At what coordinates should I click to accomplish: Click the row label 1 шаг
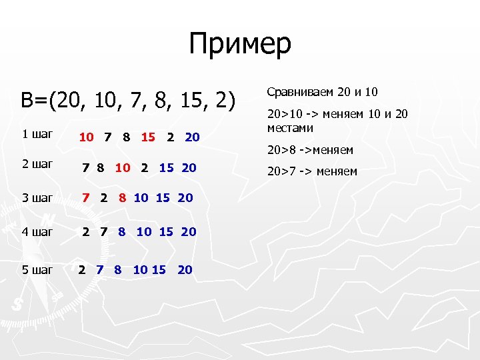point(37,134)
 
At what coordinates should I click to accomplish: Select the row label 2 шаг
point(37,164)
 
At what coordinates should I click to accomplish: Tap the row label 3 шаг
point(37,197)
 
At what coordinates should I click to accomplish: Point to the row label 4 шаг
point(37,232)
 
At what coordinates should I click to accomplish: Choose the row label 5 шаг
point(37,270)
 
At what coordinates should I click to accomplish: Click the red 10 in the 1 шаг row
point(86,137)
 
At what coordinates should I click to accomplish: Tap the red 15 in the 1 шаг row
point(148,137)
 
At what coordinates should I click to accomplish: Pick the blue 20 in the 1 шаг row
point(192,137)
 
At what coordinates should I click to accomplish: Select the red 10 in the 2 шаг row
point(123,167)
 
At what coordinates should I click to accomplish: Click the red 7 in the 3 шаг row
point(85,197)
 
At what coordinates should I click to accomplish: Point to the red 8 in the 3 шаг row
point(122,197)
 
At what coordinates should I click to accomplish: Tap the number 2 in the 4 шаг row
point(85,232)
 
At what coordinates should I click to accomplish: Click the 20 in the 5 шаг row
point(185,270)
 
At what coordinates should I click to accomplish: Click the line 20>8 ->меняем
point(310,150)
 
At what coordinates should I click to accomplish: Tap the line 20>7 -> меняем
point(312,172)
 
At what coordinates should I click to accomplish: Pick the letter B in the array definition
point(27,101)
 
